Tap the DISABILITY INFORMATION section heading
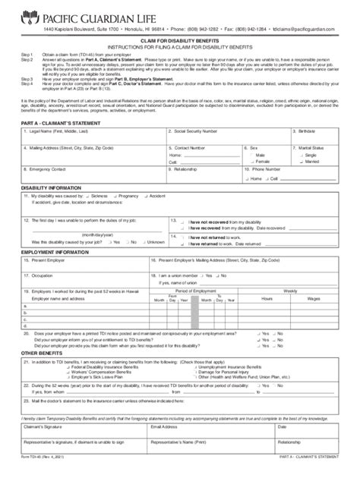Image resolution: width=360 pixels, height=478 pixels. click(x=51, y=187)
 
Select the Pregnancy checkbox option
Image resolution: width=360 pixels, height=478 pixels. click(x=118, y=196)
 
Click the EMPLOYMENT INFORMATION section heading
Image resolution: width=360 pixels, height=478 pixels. click(x=55, y=251)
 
